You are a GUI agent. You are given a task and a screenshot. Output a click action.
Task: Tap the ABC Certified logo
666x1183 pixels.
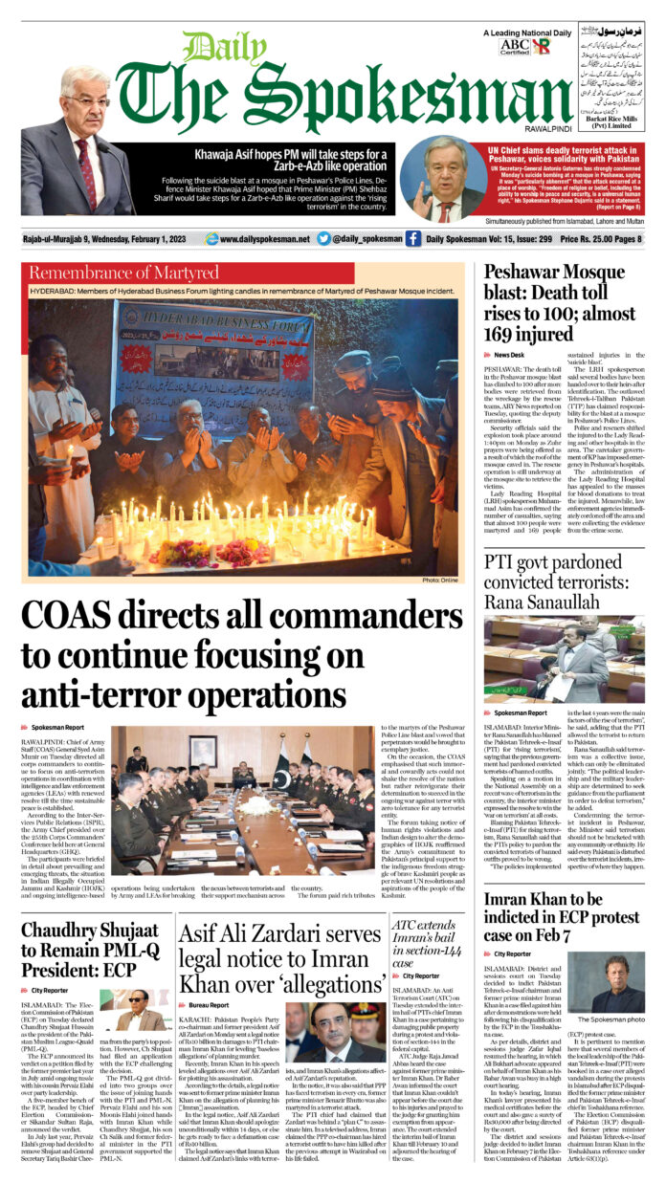tap(514, 45)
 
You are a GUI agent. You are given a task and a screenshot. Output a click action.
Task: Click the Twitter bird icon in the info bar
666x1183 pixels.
tap(323, 238)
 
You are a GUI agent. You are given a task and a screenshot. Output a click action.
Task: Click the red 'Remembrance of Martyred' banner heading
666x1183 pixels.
tap(124, 273)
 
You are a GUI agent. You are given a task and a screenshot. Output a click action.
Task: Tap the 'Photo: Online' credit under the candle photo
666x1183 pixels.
tap(440, 580)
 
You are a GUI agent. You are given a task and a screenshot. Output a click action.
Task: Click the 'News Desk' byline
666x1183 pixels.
tap(509, 355)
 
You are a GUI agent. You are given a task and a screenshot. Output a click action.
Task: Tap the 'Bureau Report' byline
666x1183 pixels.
tap(209, 1006)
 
